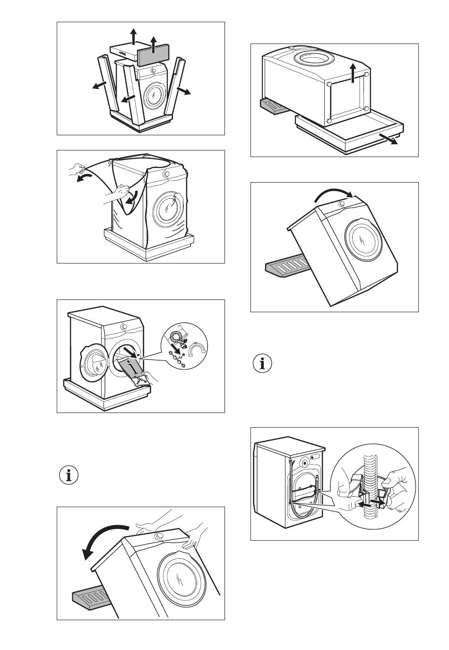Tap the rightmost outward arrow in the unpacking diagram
tap(184, 91)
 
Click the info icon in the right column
tap(262, 363)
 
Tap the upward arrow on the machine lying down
tap(352, 73)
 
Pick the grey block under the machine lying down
tap(272, 106)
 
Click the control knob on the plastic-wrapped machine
tap(166, 174)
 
